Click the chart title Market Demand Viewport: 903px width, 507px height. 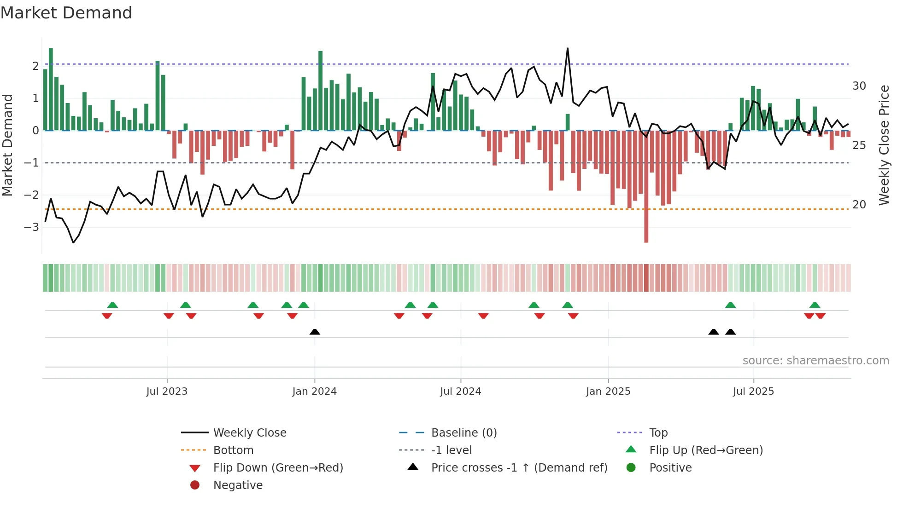66,13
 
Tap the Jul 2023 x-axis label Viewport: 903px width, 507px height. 167,392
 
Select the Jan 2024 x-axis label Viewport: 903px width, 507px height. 314,392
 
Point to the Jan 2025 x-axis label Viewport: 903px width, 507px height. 608,392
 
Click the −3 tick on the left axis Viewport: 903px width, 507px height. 31,227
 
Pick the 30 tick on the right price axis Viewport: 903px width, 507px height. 859,86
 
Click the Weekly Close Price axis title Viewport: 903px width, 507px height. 884,145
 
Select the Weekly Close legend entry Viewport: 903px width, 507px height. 249,433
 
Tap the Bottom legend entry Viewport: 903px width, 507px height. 233,450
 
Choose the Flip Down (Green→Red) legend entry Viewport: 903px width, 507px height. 278,468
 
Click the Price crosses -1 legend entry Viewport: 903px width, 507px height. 519,468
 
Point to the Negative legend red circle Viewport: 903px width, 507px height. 195,485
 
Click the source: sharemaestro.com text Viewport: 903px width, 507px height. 815,361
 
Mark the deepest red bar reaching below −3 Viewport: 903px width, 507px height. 646,230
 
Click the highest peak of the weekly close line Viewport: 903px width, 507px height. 568,49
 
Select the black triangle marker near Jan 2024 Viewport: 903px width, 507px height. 315,332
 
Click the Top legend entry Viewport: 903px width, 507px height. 658,433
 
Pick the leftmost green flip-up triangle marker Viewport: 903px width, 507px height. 112,305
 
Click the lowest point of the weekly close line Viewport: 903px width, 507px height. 73,242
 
